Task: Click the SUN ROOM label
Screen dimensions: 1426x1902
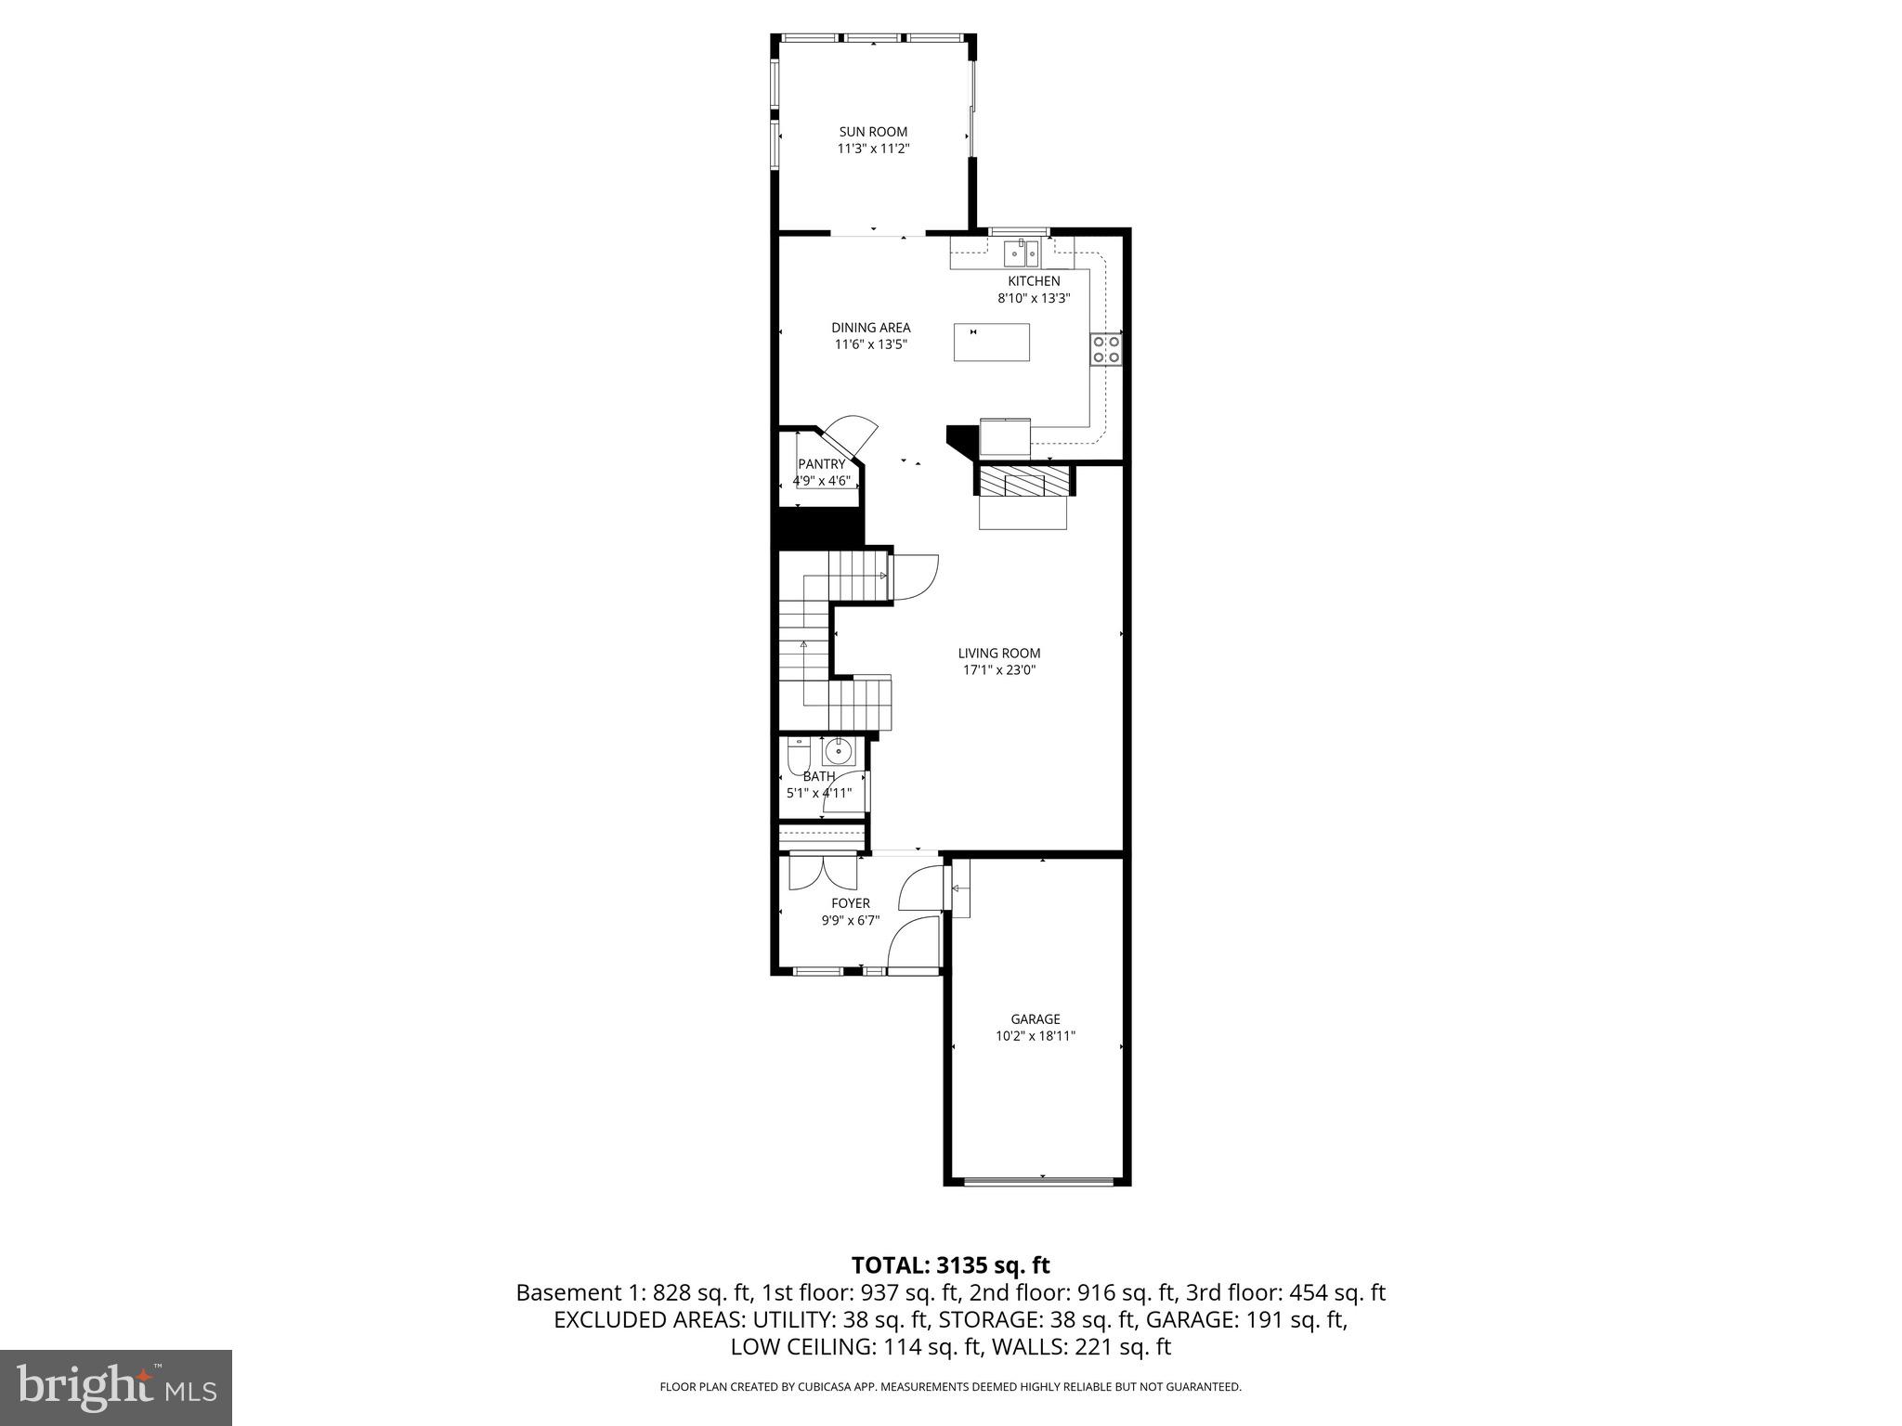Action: (x=873, y=132)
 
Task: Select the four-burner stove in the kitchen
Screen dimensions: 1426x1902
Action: (x=1106, y=349)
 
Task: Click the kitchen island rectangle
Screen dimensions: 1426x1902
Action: (x=991, y=342)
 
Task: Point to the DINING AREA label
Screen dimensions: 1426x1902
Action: (x=870, y=328)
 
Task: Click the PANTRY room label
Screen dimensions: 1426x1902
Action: (x=822, y=464)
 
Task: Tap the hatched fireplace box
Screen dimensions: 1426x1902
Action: (x=1023, y=481)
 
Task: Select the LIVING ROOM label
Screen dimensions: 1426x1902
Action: (x=999, y=654)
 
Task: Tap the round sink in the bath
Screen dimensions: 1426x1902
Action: (x=839, y=750)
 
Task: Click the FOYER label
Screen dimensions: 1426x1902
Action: (x=850, y=903)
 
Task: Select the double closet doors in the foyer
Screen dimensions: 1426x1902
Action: (x=823, y=873)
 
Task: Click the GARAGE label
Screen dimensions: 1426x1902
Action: (x=1036, y=1019)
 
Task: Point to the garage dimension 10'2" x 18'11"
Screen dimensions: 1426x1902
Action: (x=1036, y=1036)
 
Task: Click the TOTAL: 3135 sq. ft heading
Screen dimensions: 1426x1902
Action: (x=950, y=1265)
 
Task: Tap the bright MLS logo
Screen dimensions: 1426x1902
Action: (x=116, y=1387)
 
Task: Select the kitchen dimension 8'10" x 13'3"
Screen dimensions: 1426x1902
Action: (x=1034, y=298)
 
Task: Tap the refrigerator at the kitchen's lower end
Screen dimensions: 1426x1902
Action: (x=1005, y=437)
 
